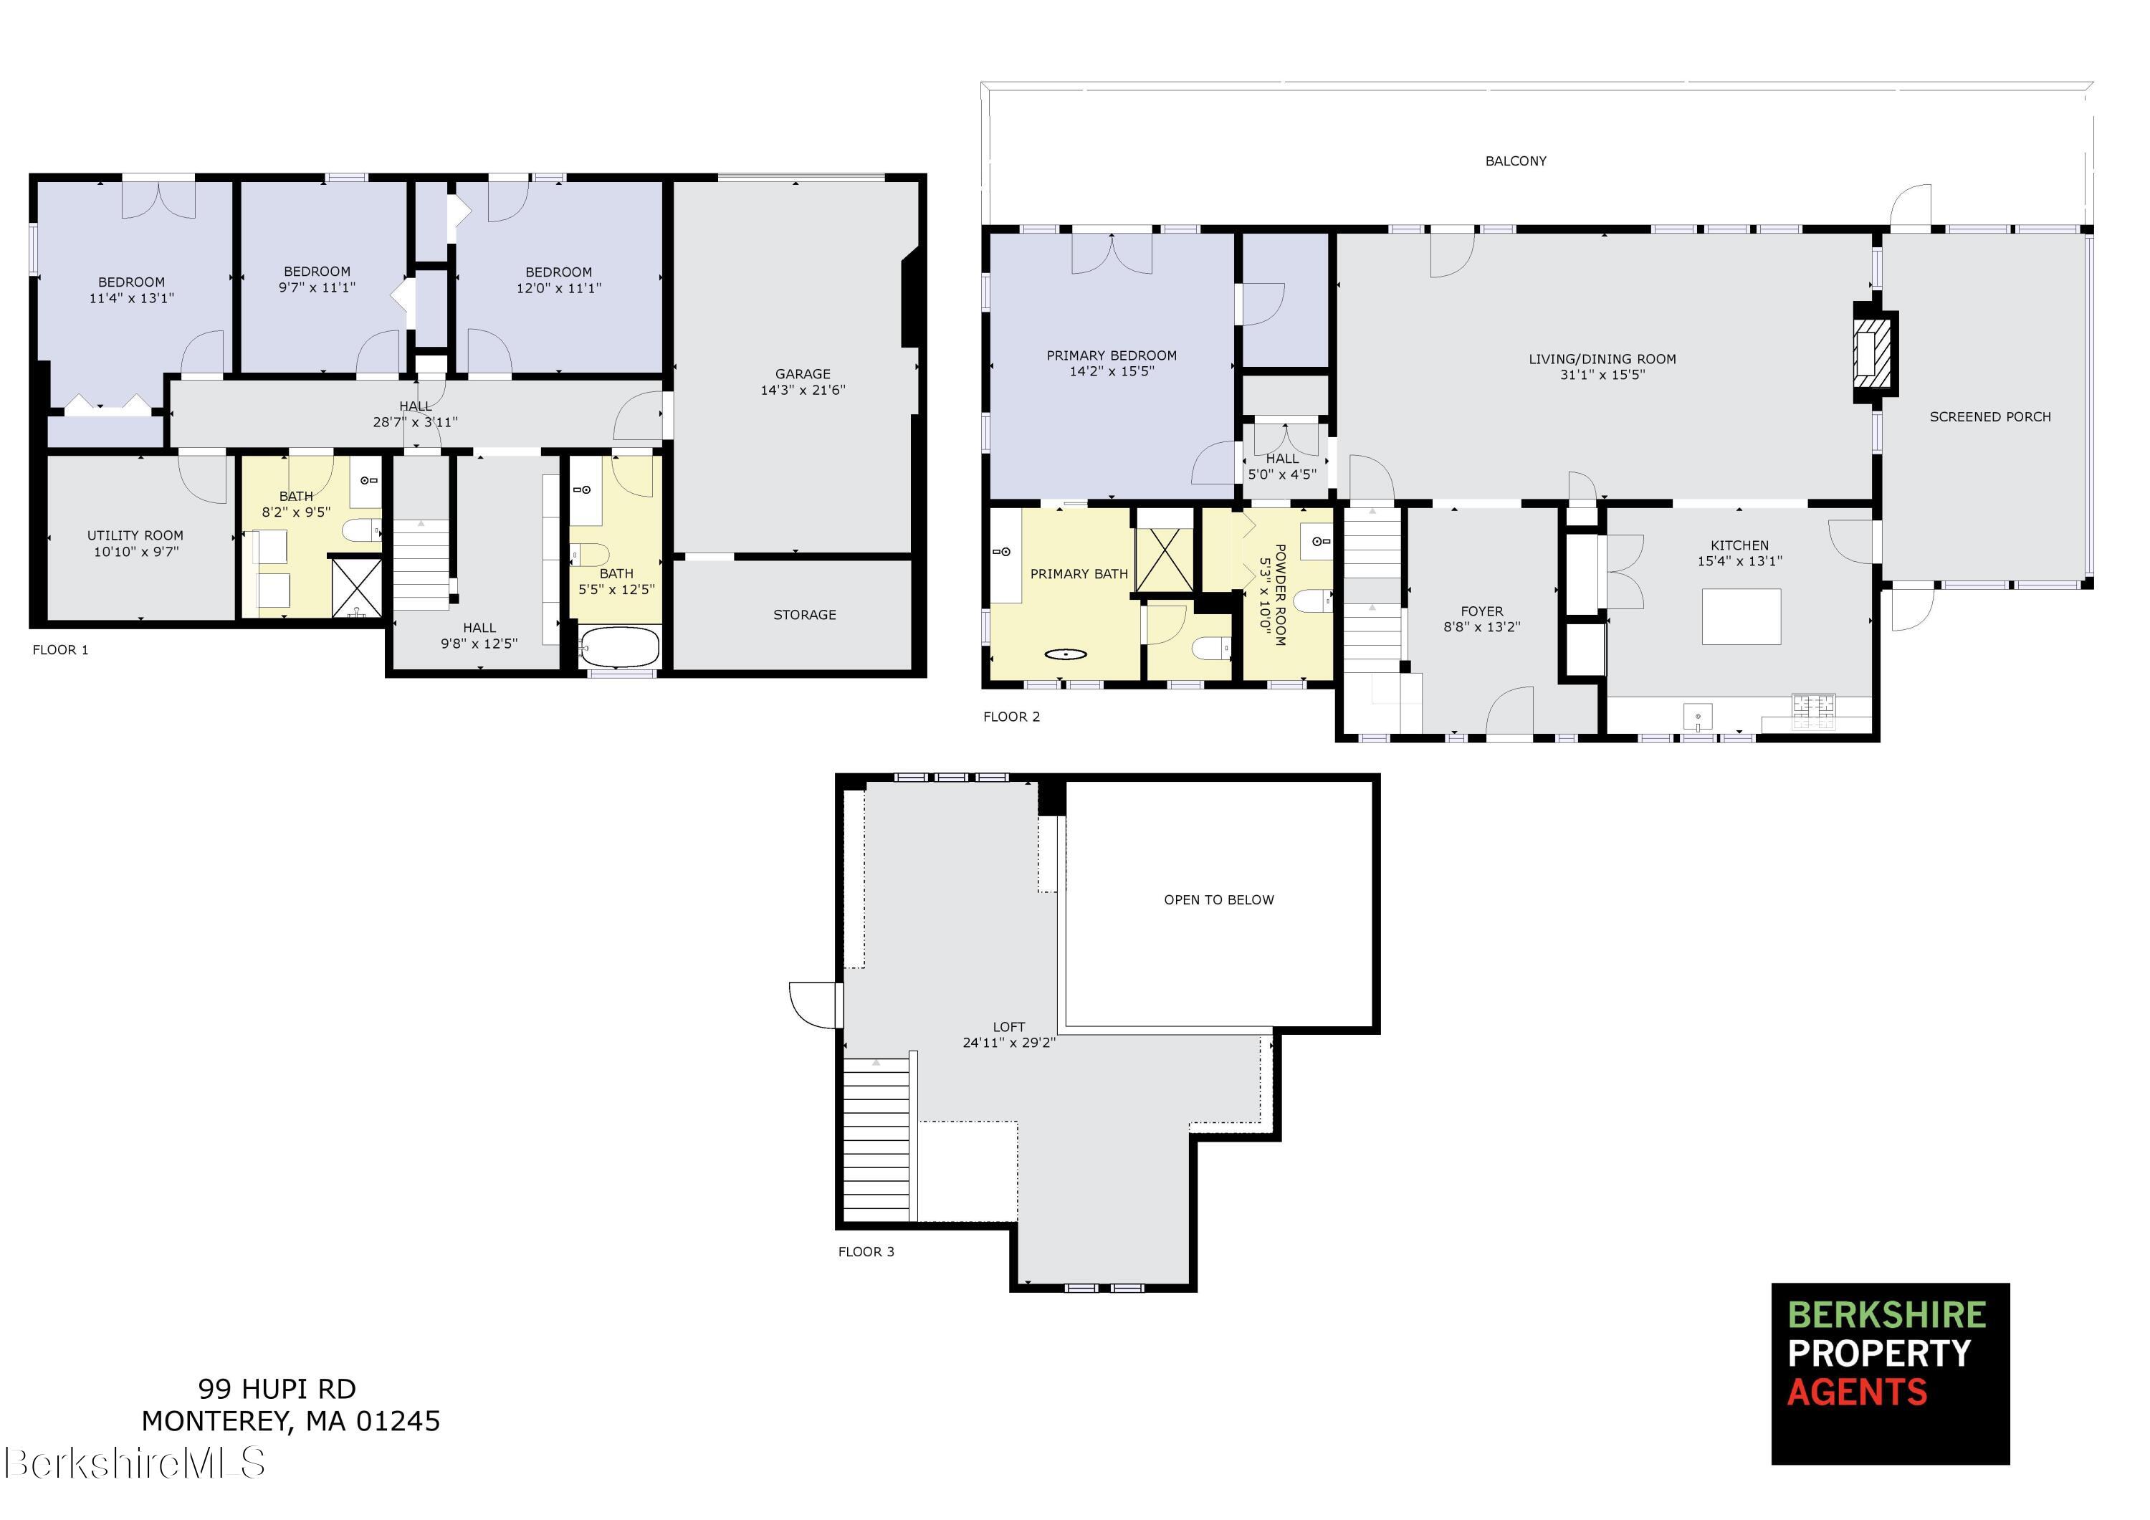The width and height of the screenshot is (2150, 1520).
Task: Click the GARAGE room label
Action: [803, 373]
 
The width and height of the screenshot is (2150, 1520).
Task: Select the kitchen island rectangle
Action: [1741, 616]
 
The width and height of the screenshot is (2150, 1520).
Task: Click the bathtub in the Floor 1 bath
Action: [620, 647]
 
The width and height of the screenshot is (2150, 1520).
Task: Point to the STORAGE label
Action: [804, 614]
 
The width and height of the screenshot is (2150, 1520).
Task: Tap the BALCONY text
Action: [1515, 161]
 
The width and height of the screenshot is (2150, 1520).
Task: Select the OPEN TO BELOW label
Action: [1218, 900]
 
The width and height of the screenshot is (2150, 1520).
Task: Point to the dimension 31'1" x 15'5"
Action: [1602, 375]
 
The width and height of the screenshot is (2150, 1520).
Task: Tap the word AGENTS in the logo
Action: [1857, 1392]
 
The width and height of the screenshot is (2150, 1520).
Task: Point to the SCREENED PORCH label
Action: [1990, 417]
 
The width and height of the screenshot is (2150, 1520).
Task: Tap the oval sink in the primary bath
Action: [1066, 654]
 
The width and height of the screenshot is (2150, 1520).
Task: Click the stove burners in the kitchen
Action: [1813, 710]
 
